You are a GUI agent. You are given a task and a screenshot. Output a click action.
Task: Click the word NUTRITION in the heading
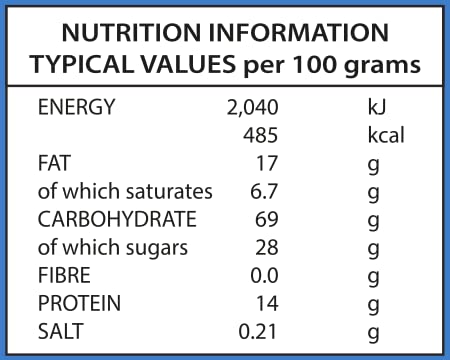click(x=131, y=33)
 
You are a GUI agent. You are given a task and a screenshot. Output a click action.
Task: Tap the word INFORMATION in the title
click(x=299, y=33)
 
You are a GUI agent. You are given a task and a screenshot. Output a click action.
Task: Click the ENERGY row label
click(x=76, y=107)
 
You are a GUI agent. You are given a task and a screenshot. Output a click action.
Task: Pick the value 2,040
click(x=252, y=108)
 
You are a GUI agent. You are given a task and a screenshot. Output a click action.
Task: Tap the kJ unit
click(x=377, y=107)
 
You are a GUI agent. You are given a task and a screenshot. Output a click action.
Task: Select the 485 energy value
click(x=260, y=135)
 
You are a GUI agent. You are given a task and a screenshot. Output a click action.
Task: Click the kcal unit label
click(x=386, y=135)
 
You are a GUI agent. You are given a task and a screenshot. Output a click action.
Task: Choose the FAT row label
click(x=54, y=163)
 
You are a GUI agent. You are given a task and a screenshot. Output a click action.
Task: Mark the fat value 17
click(x=267, y=163)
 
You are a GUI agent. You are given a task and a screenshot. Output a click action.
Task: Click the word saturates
click(x=169, y=192)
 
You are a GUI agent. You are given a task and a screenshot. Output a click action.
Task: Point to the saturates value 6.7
click(x=264, y=191)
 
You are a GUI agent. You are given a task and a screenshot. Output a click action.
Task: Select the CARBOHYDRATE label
click(x=117, y=219)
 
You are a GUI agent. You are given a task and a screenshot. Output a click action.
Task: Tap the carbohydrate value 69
click(x=267, y=219)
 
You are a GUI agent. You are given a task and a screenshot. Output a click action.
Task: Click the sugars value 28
click(x=267, y=248)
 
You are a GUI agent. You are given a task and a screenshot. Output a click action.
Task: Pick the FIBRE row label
click(x=64, y=275)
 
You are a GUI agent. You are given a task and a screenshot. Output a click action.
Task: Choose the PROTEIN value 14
click(x=267, y=304)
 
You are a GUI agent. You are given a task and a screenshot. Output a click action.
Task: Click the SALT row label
click(x=60, y=331)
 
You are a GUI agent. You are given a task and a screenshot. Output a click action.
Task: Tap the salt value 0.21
click(x=258, y=332)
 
